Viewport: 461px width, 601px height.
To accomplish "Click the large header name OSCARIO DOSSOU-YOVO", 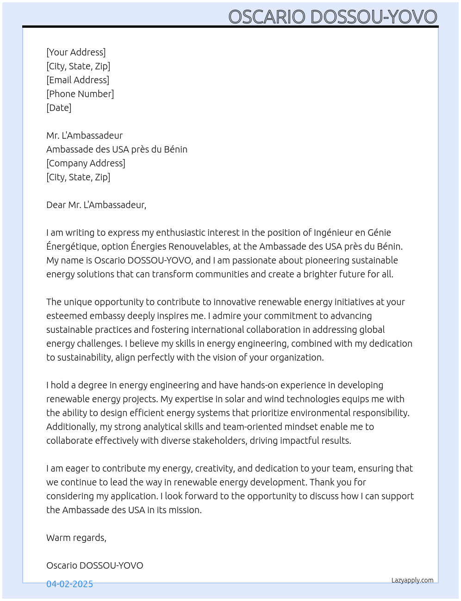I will point(332,17).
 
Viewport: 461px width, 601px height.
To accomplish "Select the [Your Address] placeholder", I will point(76,52).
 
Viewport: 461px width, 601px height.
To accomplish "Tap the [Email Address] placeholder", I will point(78,80).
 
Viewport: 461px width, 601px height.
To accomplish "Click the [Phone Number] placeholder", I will point(80,94).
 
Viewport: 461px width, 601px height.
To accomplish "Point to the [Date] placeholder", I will point(59,108).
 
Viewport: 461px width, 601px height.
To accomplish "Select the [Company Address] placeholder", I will point(86,163).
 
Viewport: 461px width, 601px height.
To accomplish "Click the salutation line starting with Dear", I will point(96,205).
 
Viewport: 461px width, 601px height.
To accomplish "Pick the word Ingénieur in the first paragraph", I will point(333,233).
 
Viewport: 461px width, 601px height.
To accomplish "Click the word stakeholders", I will point(219,441).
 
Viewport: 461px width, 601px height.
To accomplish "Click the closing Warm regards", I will point(76,538).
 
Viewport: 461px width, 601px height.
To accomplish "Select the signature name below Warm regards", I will point(94,565).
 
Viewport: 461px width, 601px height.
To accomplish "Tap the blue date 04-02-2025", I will point(69,584).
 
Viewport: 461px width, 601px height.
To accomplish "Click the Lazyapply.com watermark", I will point(412,580).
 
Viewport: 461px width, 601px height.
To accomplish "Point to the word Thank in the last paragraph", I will point(323,482).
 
